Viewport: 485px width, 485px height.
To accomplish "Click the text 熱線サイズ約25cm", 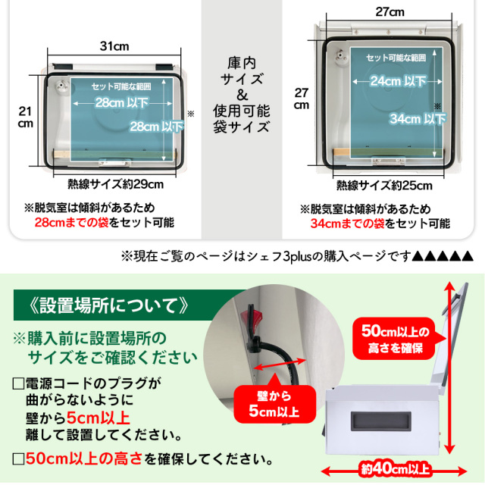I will pyautogui.click(x=387, y=185).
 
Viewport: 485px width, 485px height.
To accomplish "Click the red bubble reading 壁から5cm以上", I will pyautogui.click(x=268, y=404).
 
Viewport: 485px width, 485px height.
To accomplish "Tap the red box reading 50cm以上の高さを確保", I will pyautogui.click(x=391, y=341).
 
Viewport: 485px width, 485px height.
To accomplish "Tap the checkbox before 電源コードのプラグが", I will pyautogui.click(x=17, y=384).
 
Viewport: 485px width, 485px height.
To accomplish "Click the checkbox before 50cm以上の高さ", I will pyautogui.click(x=17, y=458).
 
